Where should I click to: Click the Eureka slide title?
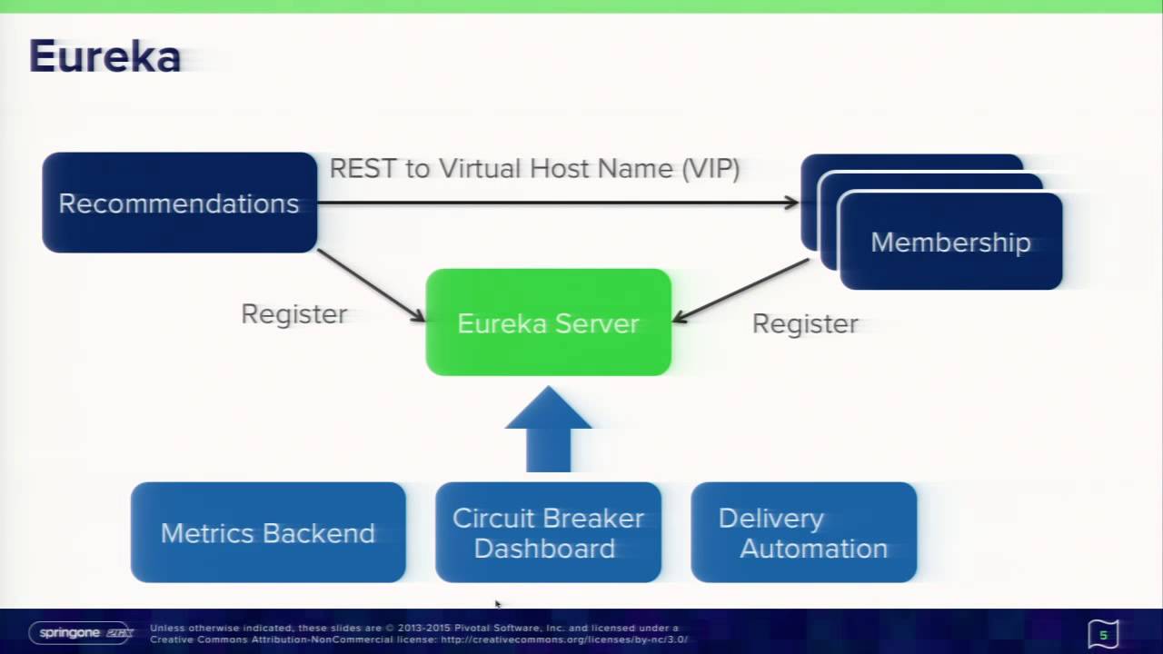pyautogui.click(x=104, y=57)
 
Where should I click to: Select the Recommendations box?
pyautogui.click(x=179, y=203)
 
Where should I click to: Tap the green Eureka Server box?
pyautogui.click(x=548, y=322)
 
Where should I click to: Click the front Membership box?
pyautogui.click(x=950, y=243)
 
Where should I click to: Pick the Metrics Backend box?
pyautogui.click(x=268, y=532)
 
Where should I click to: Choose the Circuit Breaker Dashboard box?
pyautogui.click(x=548, y=532)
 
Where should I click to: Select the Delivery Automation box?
pyautogui.click(x=803, y=532)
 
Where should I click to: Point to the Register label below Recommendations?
pyautogui.click(x=293, y=314)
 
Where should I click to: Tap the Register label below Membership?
pyautogui.click(x=805, y=324)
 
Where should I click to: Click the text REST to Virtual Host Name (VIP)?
pyautogui.click(x=534, y=169)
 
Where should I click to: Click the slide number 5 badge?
pyautogui.click(x=1103, y=634)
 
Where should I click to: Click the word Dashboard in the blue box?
pyautogui.click(x=544, y=549)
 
